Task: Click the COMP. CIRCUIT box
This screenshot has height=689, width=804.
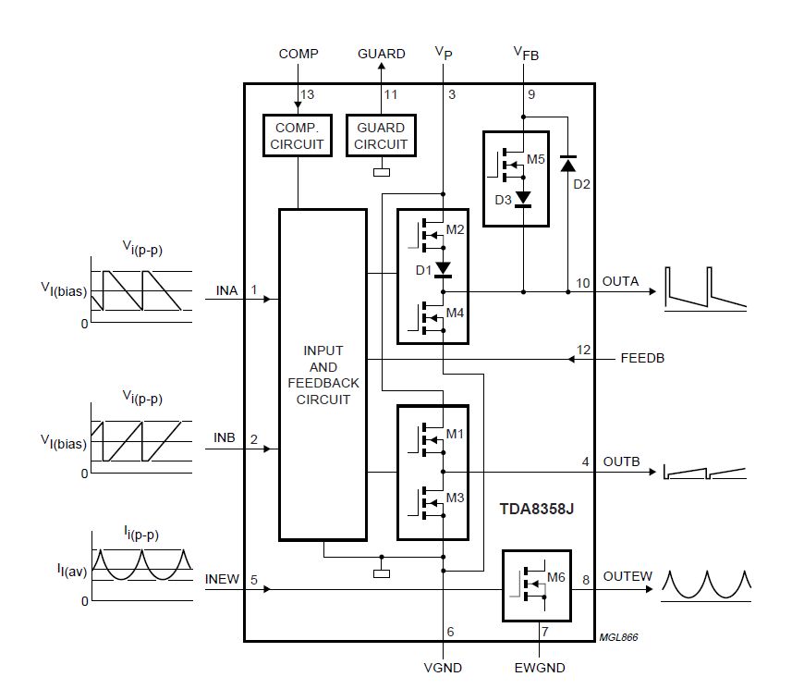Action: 298,136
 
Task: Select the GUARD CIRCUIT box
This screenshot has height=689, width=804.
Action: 381,136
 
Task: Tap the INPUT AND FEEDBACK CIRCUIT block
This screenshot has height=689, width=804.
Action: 323,375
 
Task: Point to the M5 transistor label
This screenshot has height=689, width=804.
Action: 536,159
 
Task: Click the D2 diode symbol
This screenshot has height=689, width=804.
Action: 568,165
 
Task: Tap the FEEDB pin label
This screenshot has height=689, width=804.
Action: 640,358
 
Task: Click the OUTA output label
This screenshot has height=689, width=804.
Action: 620,282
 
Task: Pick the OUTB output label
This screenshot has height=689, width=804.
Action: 621,461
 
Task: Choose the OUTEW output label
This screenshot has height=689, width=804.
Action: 627,577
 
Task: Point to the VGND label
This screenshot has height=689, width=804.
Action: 444,668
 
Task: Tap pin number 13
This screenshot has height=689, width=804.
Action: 308,95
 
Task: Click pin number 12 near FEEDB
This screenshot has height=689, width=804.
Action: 582,349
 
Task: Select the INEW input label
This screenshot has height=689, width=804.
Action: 222,580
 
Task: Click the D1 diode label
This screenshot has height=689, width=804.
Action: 423,270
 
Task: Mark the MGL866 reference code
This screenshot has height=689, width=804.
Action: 618,637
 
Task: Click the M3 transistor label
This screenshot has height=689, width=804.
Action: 456,498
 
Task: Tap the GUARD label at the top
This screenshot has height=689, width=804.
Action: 382,54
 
